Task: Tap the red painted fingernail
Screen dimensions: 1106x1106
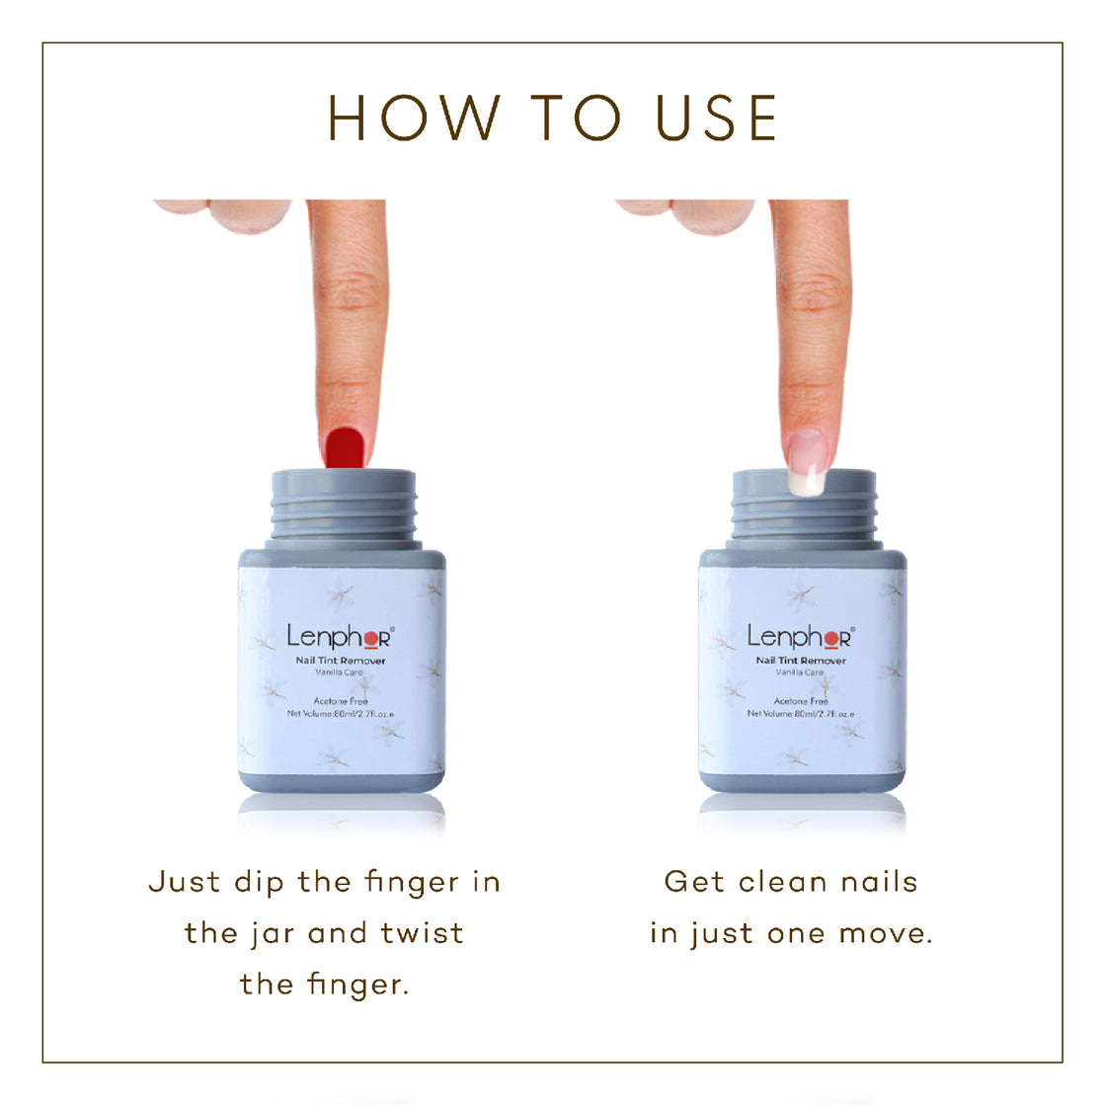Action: (x=345, y=446)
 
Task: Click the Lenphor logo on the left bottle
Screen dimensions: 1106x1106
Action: (x=340, y=636)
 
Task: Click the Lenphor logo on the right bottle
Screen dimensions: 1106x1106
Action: (x=800, y=636)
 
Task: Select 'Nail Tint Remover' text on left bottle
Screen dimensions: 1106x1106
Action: (x=341, y=661)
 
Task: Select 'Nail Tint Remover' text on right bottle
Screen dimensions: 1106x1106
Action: (x=801, y=661)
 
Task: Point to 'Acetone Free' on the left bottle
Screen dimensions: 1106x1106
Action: (x=340, y=701)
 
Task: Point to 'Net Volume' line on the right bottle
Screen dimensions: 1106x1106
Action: (x=801, y=713)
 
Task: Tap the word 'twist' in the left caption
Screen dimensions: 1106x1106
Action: (x=423, y=933)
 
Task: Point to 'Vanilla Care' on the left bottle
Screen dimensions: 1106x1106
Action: (x=340, y=672)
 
